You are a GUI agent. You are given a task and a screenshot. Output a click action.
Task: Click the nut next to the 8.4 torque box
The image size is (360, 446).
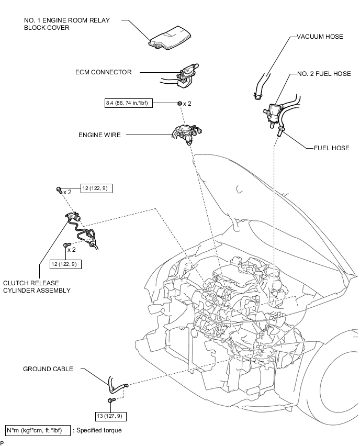[179, 103]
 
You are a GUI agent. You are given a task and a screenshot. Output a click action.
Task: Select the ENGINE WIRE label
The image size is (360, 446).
[99, 135]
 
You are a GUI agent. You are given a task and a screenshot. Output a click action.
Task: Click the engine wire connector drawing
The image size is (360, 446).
[186, 133]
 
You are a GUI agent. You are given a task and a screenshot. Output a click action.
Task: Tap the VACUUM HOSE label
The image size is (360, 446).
[320, 37]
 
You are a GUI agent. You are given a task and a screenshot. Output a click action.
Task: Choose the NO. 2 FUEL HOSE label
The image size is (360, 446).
[323, 74]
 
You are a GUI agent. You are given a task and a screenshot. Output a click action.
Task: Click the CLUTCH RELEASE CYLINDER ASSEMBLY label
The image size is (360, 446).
[36, 286]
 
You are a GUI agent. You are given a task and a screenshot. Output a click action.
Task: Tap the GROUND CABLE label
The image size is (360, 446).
[48, 369]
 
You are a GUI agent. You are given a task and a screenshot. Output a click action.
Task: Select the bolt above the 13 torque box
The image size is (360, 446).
[111, 401]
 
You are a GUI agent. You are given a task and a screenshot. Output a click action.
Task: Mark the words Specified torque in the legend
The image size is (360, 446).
[98, 430]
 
